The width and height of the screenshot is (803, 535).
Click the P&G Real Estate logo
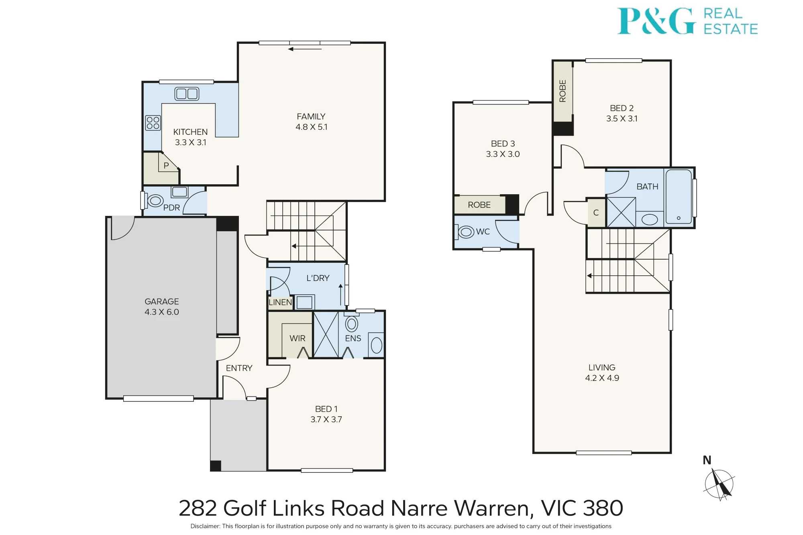[687, 21]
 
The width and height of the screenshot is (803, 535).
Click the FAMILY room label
[311, 116]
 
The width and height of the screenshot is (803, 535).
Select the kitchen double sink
[187, 94]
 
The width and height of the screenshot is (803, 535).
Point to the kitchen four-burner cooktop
[153, 123]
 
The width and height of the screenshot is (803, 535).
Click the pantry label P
[166, 165]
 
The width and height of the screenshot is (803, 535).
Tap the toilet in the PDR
[154, 200]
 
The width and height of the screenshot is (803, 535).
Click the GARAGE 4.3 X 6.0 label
[162, 307]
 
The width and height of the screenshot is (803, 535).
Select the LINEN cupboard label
[280, 302]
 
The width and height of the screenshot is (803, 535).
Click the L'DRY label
[318, 278]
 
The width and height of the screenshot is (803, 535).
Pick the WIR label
[298, 338]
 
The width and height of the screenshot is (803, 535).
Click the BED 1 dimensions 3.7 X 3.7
[326, 419]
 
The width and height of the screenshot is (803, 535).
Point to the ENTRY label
[239, 368]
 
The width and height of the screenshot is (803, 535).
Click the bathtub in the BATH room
[679, 196]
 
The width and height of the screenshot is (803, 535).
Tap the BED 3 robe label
[479, 205]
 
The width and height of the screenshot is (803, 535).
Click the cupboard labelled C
[596, 213]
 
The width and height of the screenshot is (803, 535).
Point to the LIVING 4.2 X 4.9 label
[602, 372]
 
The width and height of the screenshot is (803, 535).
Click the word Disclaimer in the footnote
[205, 526]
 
